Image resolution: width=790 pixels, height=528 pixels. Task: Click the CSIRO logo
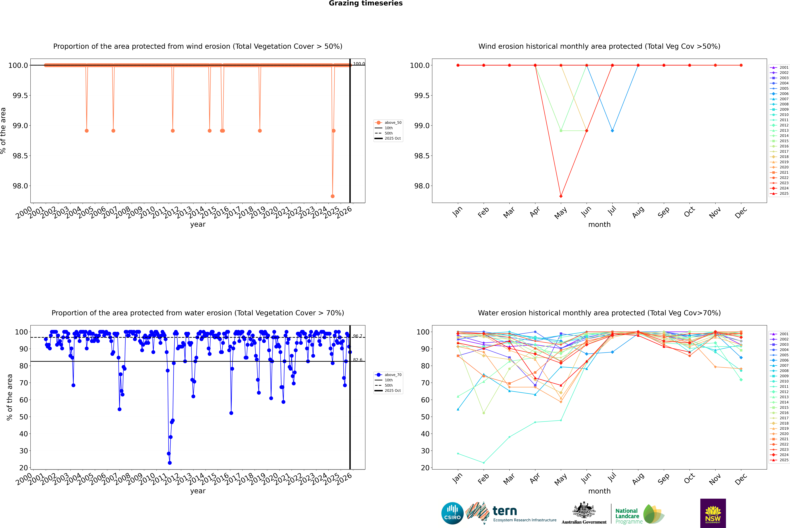[452, 513]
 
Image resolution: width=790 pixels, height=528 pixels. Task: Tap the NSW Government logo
[713, 513]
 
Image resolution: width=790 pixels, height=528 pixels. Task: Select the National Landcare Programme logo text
[627, 516]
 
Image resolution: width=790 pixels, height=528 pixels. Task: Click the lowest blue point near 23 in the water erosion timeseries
[170, 463]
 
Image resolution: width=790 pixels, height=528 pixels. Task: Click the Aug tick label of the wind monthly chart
[638, 212]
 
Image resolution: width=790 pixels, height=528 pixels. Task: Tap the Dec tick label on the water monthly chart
[741, 479]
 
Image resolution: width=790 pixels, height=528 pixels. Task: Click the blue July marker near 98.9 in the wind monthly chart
[612, 131]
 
